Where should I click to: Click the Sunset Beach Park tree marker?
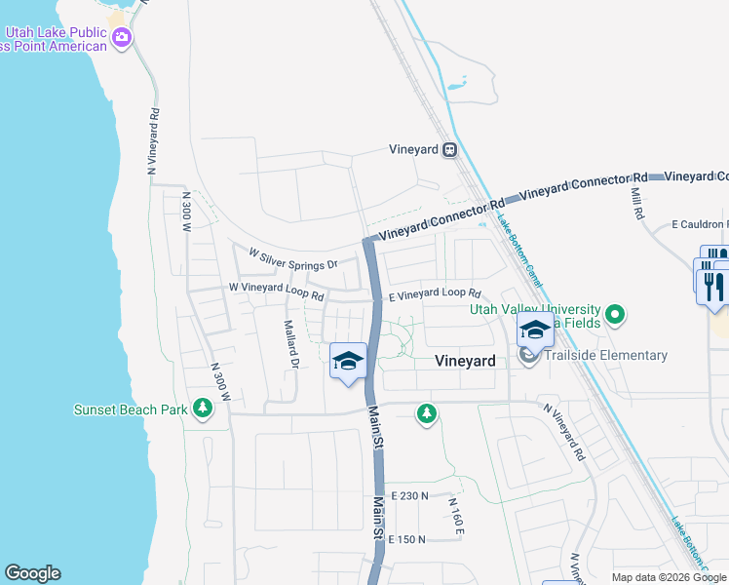click(203, 408)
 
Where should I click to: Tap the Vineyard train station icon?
click(450, 150)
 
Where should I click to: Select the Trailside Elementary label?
click(604, 356)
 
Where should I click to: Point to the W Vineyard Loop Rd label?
click(276, 289)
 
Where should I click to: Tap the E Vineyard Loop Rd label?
click(435, 293)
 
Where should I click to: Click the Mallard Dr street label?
click(289, 345)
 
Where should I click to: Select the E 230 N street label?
click(409, 496)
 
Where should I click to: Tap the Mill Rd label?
click(636, 204)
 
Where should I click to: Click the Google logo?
click(32, 573)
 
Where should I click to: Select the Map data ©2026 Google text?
click(669, 577)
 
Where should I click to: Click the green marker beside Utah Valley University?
click(614, 315)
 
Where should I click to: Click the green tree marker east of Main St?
click(426, 413)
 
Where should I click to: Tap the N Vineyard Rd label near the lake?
click(153, 140)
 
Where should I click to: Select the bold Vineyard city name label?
click(464, 361)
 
